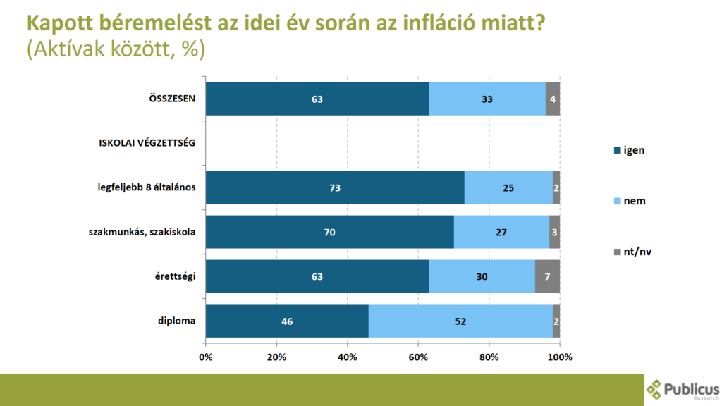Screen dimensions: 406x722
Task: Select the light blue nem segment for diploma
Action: (460, 321)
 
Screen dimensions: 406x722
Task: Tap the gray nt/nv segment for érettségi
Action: (547, 276)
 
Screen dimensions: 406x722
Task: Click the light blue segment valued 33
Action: (487, 99)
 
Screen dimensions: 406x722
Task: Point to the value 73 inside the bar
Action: (335, 188)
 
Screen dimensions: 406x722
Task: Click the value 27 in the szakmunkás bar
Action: (501, 232)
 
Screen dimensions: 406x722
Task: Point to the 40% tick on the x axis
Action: (348, 357)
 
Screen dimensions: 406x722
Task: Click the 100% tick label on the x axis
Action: (560, 357)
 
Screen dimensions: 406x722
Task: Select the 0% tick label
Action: (206, 357)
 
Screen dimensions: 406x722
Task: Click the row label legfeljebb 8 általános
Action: (146, 187)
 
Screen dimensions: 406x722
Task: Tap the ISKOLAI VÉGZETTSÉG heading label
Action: (146, 143)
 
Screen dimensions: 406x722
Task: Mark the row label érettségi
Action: (175, 276)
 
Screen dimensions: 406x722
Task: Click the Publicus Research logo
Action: (683, 389)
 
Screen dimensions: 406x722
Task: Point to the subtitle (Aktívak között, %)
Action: (116, 50)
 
